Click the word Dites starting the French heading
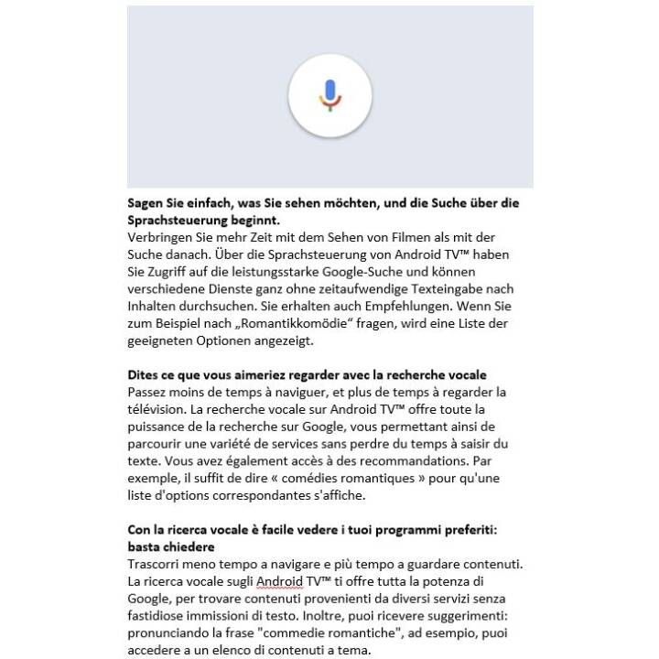(x=145, y=376)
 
